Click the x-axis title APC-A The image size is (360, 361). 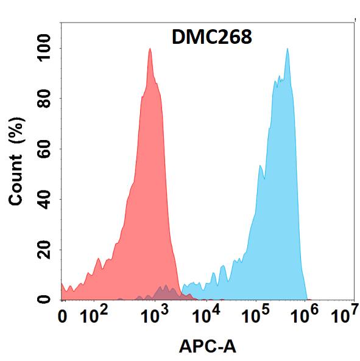[208, 347]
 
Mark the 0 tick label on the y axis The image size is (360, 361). [44, 299]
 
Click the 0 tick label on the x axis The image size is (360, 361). [62, 317]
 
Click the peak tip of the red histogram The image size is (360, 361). [149, 49]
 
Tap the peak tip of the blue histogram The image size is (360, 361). [287, 49]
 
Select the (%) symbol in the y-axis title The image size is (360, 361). [18, 130]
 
